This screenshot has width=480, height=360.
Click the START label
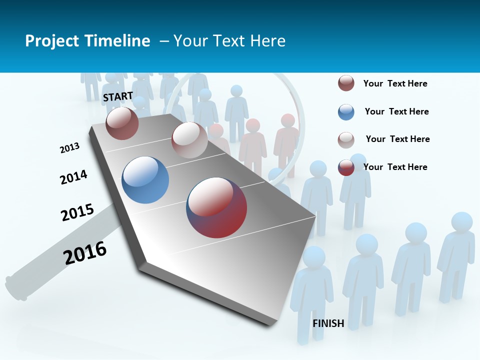click(x=118, y=96)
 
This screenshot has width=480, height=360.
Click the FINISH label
click(x=328, y=323)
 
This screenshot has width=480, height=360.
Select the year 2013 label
click(x=69, y=148)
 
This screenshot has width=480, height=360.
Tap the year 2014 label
click(x=73, y=177)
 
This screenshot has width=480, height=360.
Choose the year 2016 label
click(x=85, y=253)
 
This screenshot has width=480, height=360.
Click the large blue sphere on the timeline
click(x=145, y=180)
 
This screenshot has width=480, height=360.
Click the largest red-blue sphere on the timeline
click(x=216, y=207)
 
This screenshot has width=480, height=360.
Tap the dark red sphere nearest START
click(x=122, y=123)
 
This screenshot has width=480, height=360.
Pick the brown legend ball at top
click(x=346, y=83)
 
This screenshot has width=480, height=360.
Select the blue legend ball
click(x=346, y=112)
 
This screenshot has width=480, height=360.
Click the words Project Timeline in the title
click(x=87, y=41)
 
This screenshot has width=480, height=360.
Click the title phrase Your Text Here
click(x=229, y=41)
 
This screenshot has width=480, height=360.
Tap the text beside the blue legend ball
click(x=396, y=111)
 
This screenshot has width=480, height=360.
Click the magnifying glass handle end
click(x=15, y=287)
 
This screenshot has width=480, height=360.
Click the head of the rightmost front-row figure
click(x=461, y=222)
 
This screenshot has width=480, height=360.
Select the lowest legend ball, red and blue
click(x=346, y=167)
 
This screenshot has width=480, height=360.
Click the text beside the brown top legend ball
click(x=395, y=83)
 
